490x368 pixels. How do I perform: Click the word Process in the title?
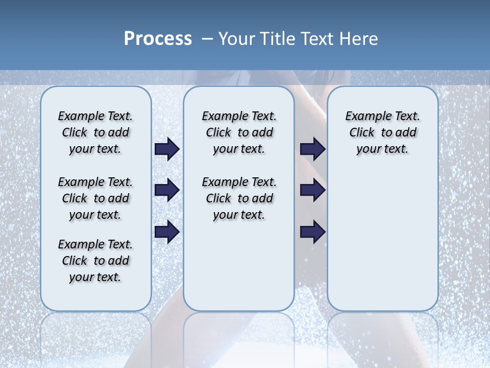click(158, 38)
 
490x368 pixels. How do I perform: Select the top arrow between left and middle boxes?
click(167, 149)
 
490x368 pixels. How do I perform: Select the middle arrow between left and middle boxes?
click(167, 191)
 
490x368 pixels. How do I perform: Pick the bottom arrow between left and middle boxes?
click(167, 232)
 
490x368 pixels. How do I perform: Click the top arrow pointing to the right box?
click(312, 149)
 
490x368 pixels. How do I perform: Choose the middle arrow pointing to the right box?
click(312, 191)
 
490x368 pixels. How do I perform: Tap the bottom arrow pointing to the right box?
click(312, 232)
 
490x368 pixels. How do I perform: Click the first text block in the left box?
click(95, 132)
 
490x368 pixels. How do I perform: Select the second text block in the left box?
click(95, 198)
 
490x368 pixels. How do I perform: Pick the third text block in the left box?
click(95, 261)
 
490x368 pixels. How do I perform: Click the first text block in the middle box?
click(239, 132)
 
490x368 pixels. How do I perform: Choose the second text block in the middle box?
click(239, 198)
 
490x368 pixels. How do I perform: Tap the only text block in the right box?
click(382, 132)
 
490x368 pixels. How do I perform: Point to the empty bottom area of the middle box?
click(239, 271)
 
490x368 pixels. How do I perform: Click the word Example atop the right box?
click(363, 116)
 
